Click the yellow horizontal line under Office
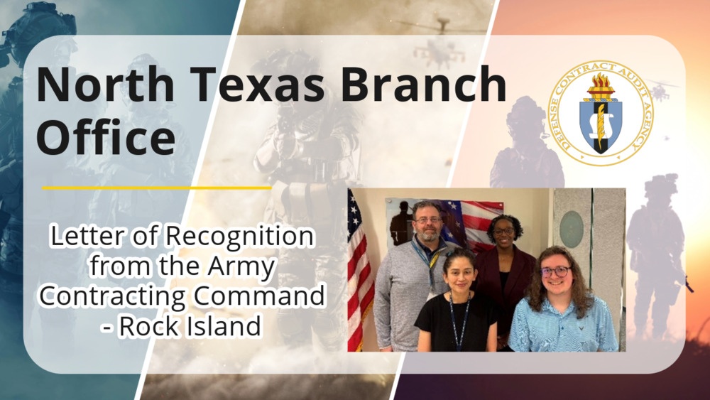coord(156,188)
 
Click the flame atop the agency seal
coord(601,86)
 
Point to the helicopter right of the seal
coord(660,90)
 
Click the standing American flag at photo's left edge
coord(359,270)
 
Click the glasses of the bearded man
coord(427,220)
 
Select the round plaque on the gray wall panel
coord(571,229)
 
